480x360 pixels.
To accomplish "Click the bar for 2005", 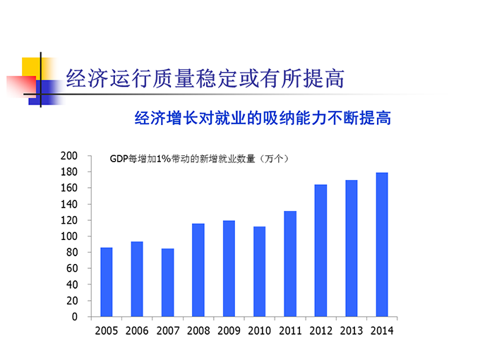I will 107,282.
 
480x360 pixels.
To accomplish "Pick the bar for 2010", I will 260,271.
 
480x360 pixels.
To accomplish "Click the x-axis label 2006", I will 137,330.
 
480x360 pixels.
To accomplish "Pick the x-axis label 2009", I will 229,330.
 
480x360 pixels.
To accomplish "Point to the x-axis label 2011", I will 290,330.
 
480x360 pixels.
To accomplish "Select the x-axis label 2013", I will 351,330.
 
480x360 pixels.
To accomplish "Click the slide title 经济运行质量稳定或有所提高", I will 205,78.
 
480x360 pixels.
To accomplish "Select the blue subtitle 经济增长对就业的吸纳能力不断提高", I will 263,118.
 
